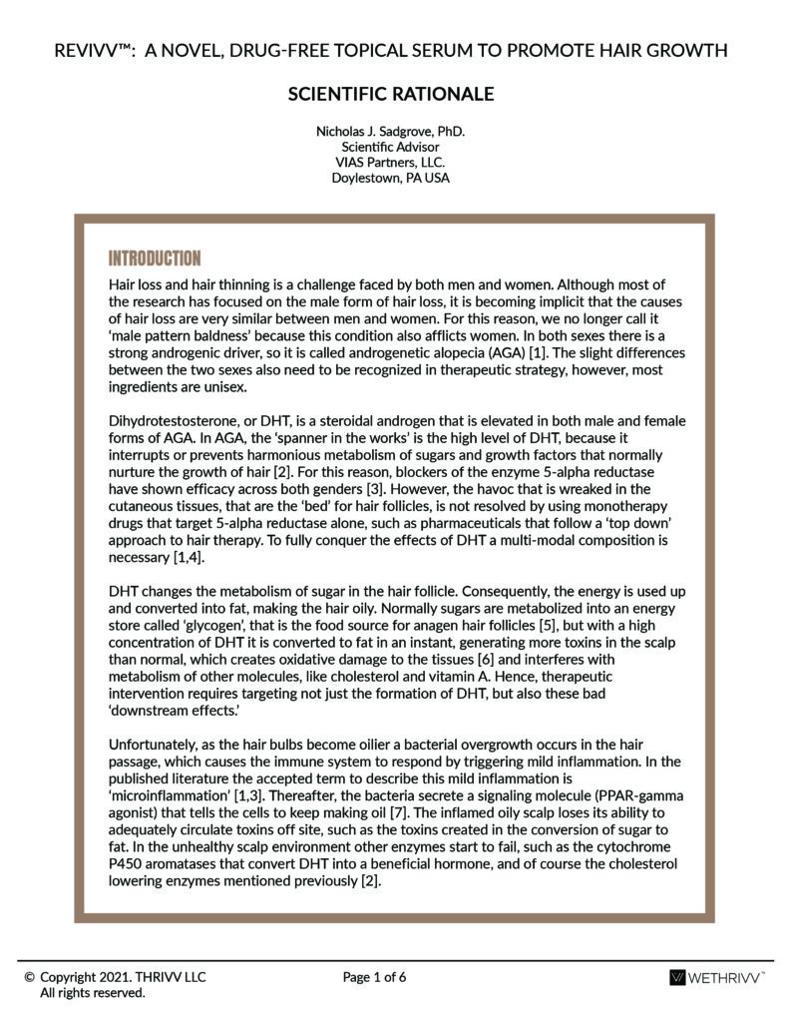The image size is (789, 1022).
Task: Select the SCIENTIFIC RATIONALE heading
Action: (x=391, y=94)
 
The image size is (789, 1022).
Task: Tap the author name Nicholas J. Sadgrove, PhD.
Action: (x=391, y=131)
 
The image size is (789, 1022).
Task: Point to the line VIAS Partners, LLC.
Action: (x=391, y=163)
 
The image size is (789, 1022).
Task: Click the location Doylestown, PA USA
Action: (x=391, y=179)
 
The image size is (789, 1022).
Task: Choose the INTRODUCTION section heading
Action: (x=155, y=257)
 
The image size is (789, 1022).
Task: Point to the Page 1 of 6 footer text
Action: (x=374, y=977)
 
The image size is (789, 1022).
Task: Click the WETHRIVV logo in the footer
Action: (x=717, y=978)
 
